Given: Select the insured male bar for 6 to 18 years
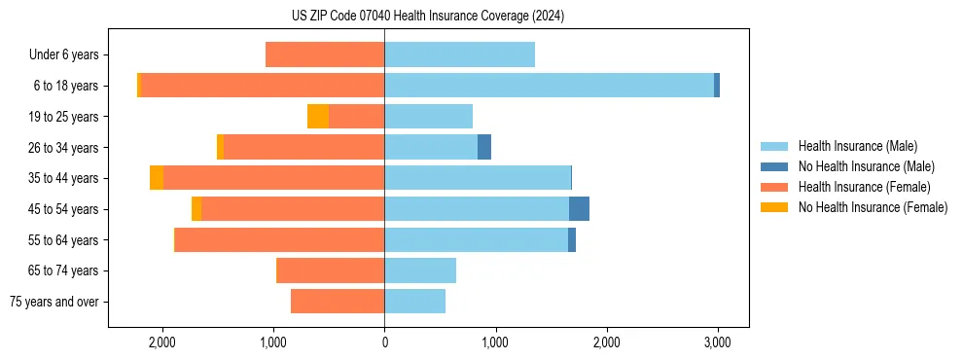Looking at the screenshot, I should tap(549, 86).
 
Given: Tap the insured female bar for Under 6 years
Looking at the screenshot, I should tap(325, 54).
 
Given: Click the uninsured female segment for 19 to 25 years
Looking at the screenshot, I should tap(318, 117).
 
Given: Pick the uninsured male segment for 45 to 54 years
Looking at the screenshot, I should tap(579, 209).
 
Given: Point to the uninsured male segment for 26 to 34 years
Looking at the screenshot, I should tap(484, 147).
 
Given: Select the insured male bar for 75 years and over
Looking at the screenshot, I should tap(414, 302).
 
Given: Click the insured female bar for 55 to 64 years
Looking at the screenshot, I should tap(280, 239).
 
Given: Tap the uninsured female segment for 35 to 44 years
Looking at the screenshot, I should tap(157, 178).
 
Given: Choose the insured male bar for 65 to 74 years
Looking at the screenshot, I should tap(420, 270).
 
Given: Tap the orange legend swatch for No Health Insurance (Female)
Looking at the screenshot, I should tap(774, 207).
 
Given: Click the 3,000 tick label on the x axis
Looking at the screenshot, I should tap(718, 342).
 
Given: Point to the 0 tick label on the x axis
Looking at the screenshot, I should tap(384, 342).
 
